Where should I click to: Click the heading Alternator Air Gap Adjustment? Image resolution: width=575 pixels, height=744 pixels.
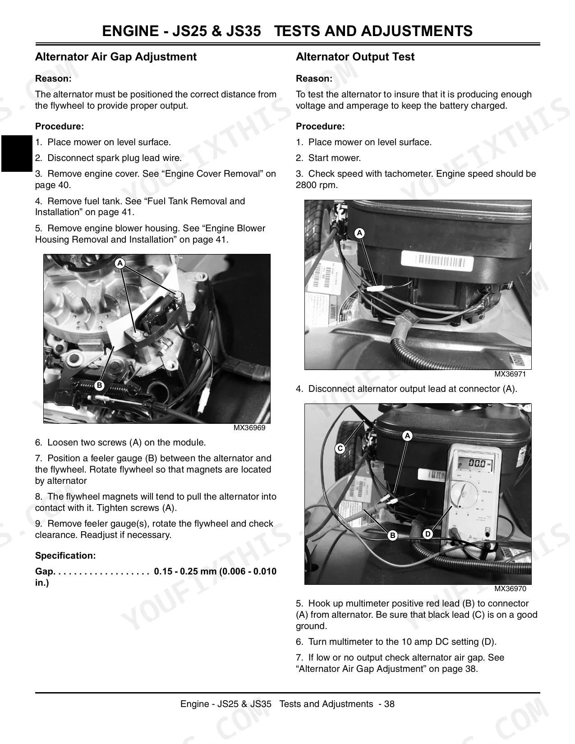pyautogui.click(x=116, y=56)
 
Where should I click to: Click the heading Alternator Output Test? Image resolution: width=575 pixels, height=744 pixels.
pyautogui.click(x=355, y=56)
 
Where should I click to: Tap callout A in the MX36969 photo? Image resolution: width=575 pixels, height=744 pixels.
pyautogui.click(x=120, y=263)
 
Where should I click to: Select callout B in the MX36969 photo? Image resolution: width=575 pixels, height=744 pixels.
pyautogui.click(x=99, y=386)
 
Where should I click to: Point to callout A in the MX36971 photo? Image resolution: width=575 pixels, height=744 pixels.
pyautogui.click(x=359, y=233)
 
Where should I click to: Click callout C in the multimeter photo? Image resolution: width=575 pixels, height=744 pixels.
pyautogui.click(x=340, y=448)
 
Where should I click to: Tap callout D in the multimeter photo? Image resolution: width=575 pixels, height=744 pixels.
pyautogui.click(x=428, y=534)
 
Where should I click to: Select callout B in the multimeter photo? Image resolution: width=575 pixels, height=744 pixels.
pyautogui.click(x=392, y=535)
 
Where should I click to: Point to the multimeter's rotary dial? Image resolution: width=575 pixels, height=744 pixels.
pyautogui.click(x=464, y=495)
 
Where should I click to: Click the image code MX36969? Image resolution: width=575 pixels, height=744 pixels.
pyautogui.click(x=249, y=427)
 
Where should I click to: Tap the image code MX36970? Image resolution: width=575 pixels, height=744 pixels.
pyautogui.click(x=510, y=588)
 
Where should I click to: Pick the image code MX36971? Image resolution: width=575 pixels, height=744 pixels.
pyautogui.click(x=510, y=374)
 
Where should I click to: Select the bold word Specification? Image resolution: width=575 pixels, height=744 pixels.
pyautogui.click(x=65, y=556)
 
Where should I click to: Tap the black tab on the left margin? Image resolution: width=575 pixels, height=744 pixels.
pyautogui.click(x=17, y=153)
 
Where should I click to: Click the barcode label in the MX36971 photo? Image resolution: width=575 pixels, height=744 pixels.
pyautogui.click(x=437, y=261)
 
